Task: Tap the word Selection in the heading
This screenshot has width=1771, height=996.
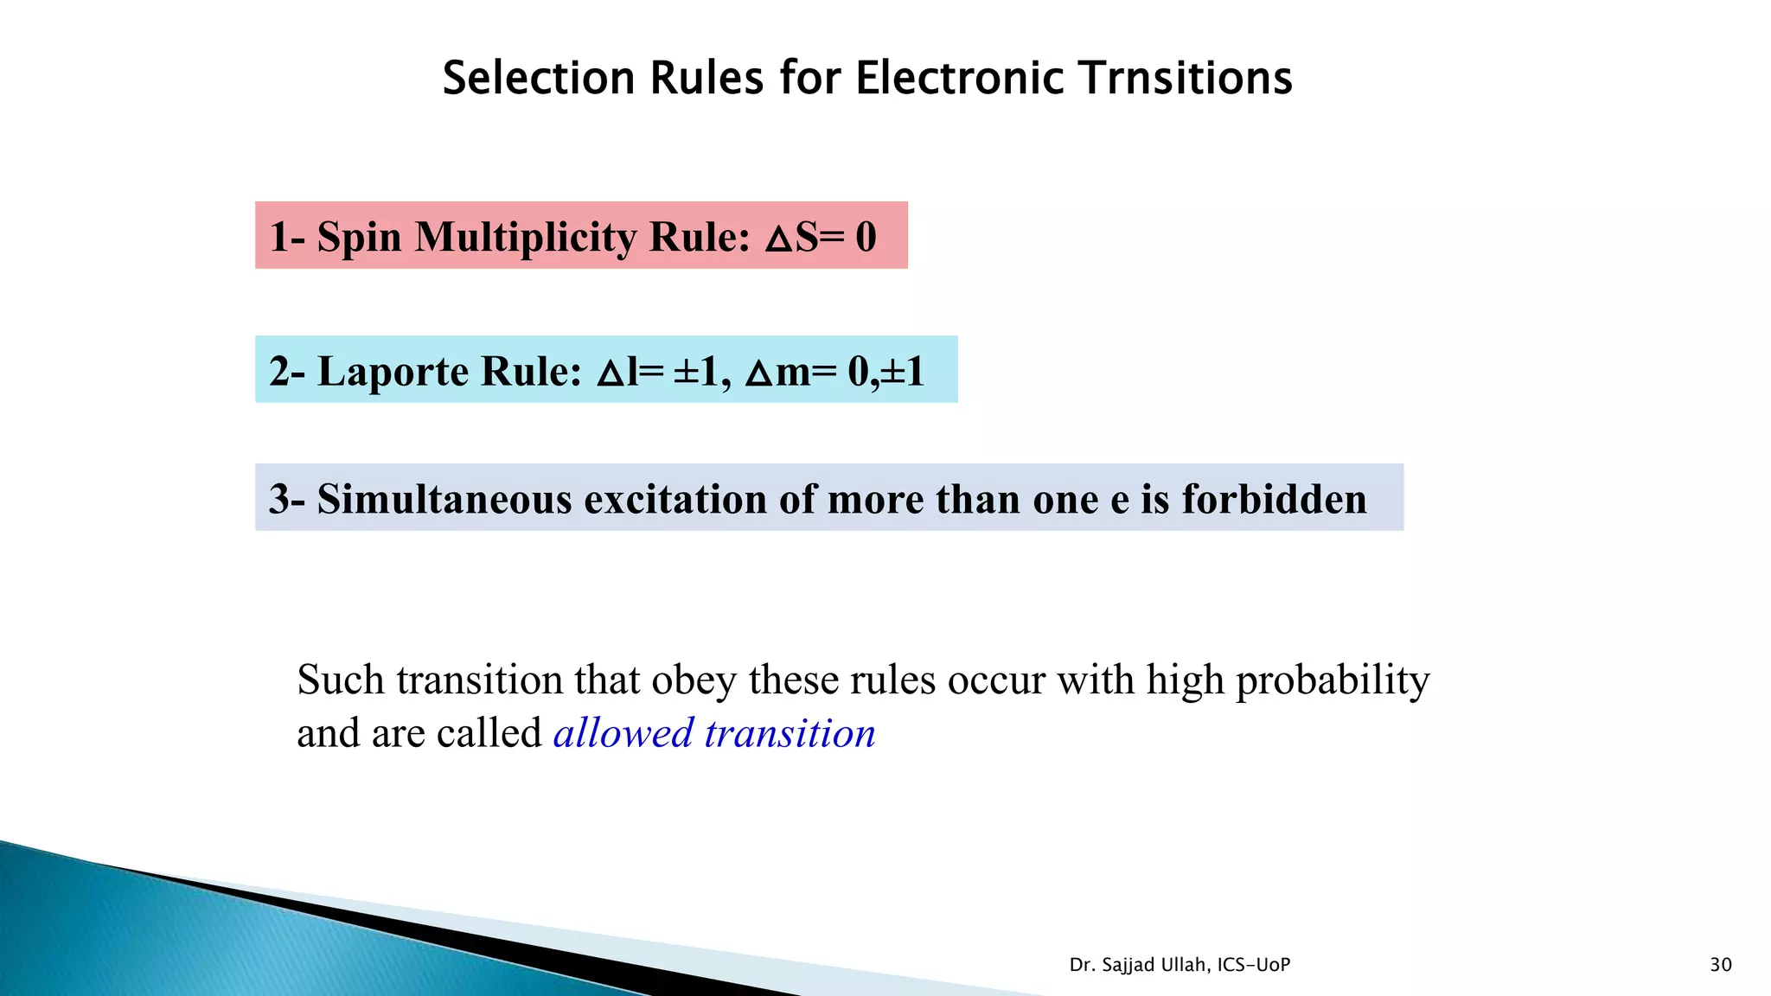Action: click(539, 78)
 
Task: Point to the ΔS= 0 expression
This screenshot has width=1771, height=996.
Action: click(820, 237)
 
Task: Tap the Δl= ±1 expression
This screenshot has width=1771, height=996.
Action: click(658, 371)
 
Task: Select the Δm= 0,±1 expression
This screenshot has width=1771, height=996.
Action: click(835, 371)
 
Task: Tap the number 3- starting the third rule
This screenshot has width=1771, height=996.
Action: click(286, 499)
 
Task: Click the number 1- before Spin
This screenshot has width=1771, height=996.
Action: click(286, 237)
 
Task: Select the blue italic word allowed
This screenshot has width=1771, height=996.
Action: click(623, 733)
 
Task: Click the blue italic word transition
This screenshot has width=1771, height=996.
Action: click(790, 733)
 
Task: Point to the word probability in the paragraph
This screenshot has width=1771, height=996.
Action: click(1332, 680)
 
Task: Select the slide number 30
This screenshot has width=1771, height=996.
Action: click(1720, 965)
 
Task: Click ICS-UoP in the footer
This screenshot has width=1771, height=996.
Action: click(1253, 965)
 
